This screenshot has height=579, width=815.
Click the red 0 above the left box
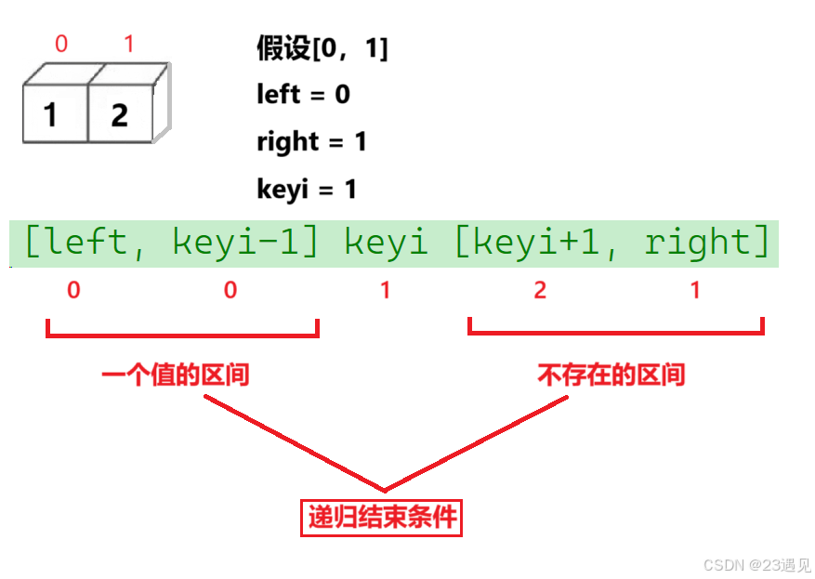click(x=61, y=43)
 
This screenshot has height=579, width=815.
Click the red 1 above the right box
click(x=128, y=43)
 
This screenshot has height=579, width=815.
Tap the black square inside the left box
click(x=51, y=116)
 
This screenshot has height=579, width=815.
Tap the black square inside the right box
click(x=121, y=110)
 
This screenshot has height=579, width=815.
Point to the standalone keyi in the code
click(x=386, y=243)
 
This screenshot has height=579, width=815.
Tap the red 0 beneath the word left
click(x=73, y=291)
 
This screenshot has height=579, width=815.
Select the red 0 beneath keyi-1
click(x=230, y=291)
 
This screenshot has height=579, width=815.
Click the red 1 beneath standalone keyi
click(x=386, y=291)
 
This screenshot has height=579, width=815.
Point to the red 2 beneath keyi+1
click(x=540, y=291)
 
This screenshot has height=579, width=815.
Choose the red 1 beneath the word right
click(x=696, y=291)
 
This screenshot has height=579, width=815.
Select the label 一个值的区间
click(x=176, y=375)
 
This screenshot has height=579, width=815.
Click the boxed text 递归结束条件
click(x=382, y=517)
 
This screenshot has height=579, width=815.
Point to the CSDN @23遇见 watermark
click(x=756, y=564)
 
